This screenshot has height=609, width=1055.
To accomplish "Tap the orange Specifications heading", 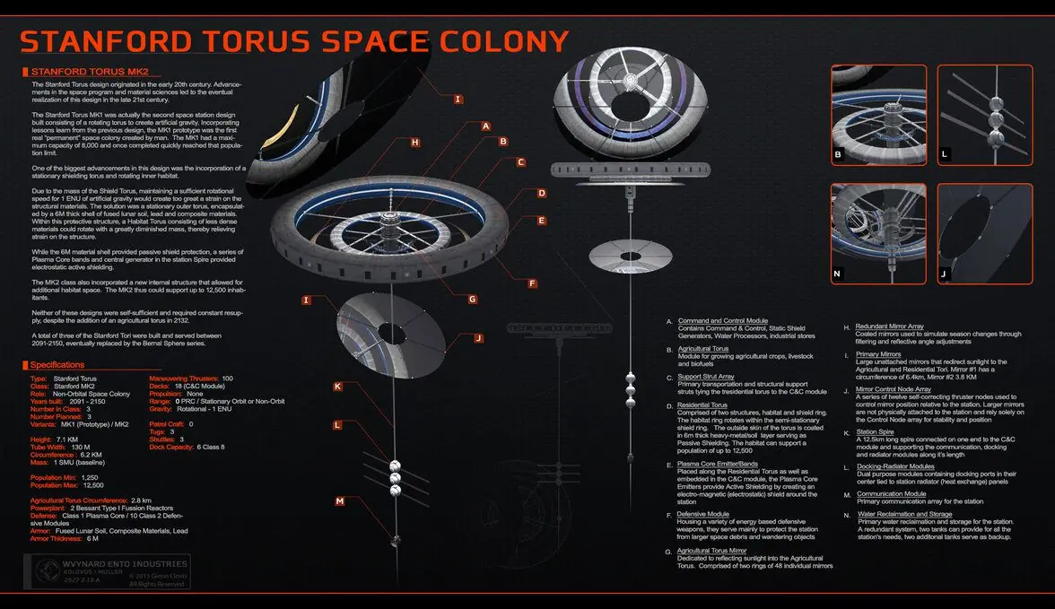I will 57,365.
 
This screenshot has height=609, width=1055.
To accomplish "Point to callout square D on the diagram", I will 541,193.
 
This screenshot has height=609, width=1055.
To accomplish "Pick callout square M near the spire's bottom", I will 340,501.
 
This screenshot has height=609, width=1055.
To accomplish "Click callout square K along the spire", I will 338,387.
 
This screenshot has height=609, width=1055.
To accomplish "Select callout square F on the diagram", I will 533,283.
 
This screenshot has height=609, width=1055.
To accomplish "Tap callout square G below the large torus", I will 473,300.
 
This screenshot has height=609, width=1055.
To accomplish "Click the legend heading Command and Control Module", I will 722,321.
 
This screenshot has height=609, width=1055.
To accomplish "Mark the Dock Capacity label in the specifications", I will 170,447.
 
